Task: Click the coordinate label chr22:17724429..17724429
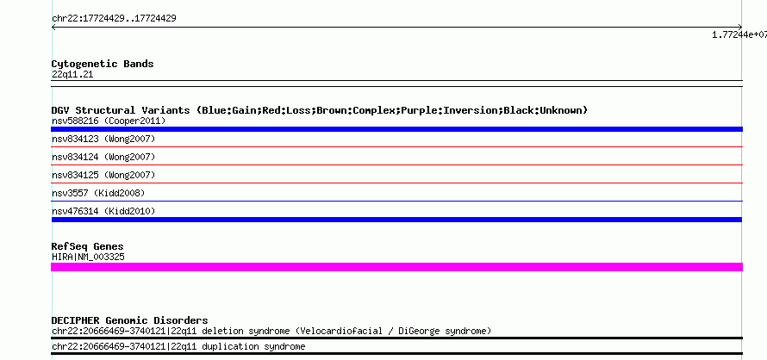(114, 19)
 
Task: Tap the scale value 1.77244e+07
(739, 34)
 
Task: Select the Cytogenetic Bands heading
(103, 64)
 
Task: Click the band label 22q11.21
(72, 75)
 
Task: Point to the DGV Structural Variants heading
(320, 110)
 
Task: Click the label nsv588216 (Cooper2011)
(109, 121)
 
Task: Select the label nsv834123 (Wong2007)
(103, 139)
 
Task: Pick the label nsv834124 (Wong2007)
(103, 157)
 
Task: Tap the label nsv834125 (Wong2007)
(103, 175)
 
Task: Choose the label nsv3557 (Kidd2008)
(98, 193)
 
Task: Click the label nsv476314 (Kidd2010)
(103, 211)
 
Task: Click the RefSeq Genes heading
(87, 246)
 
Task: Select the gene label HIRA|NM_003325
(88, 257)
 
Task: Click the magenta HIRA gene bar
(396, 267)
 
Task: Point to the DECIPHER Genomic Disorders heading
(129, 320)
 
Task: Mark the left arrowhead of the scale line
(53, 28)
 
